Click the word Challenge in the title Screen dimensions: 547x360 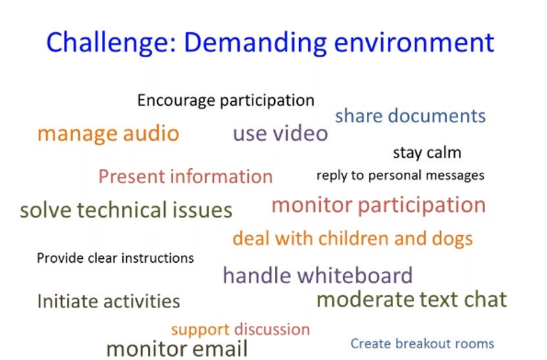click(x=111, y=43)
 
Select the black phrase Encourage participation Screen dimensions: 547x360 click(x=226, y=101)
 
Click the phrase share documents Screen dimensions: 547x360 click(x=410, y=116)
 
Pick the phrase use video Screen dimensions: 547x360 click(x=281, y=133)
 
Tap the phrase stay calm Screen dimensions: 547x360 click(x=427, y=153)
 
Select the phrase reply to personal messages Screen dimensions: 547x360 click(x=400, y=175)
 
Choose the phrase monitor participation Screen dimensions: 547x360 click(x=379, y=206)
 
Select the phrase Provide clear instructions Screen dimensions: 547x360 click(x=115, y=258)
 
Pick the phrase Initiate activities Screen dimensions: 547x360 click(x=108, y=301)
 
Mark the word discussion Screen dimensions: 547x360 click(x=272, y=329)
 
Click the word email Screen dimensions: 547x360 click(x=220, y=349)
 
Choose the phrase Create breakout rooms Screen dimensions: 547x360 click(x=422, y=344)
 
